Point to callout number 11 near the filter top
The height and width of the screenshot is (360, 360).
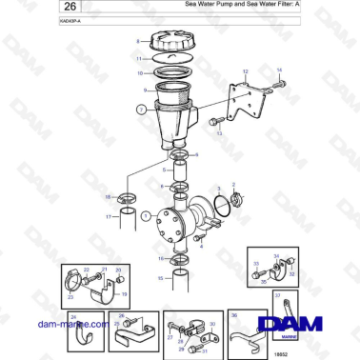[139, 59]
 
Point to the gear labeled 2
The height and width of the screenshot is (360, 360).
[234, 200]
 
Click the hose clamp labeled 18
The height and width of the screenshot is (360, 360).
[126, 199]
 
